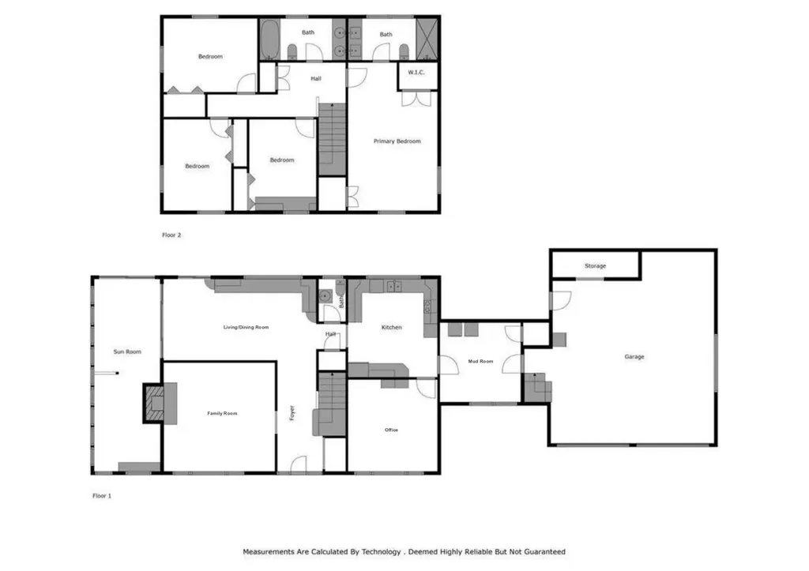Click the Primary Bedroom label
pyautogui.click(x=397, y=141)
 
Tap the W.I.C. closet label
pyautogui.click(x=416, y=73)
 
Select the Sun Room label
pyautogui.click(x=128, y=351)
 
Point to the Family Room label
pyautogui.click(x=222, y=413)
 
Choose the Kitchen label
pyautogui.click(x=391, y=327)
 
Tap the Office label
pyautogui.click(x=391, y=430)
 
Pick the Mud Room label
pyautogui.click(x=480, y=361)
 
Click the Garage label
pyautogui.click(x=634, y=357)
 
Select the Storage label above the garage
pyautogui.click(x=595, y=266)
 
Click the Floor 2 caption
pyautogui.click(x=171, y=235)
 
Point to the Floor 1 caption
pyautogui.click(x=103, y=497)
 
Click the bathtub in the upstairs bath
pyautogui.click(x=269, y=39)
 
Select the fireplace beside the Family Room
pyautogui.click(x=155, y=402)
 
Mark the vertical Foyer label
pyautogui.click(x=292, y=413)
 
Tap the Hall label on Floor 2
pyautogui.click(x=315, y=78)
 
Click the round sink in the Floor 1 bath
pyautogui.click(x=324, y=297)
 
